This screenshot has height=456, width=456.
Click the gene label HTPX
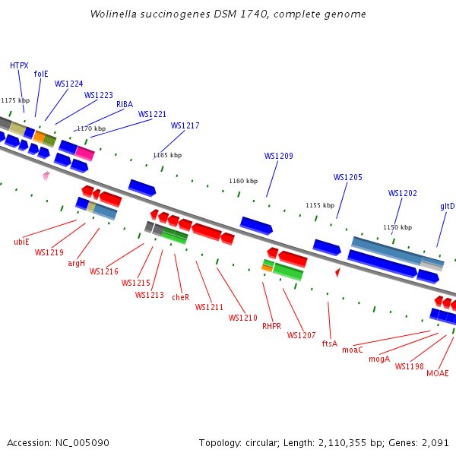coord(19,65)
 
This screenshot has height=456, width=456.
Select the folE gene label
coord(41,74)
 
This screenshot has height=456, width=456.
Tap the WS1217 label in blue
coord(185,125)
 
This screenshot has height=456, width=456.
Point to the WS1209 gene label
coord(278,156)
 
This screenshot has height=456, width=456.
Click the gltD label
coord(447,206)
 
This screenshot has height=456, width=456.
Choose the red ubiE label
coord(21,242)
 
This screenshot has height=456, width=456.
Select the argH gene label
coord(76,263)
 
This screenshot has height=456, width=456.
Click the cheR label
coord(180,297)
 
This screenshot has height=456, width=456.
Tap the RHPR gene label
coord(271,326)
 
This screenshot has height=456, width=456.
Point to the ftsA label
coord(329,344)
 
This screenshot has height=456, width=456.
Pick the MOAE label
coord(437,373)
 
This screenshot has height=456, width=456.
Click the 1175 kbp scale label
coord(15,100)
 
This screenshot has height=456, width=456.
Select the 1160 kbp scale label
coord(243,181)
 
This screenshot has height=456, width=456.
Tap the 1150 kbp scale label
coord(397,227)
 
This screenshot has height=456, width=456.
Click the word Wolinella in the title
coord(112,14)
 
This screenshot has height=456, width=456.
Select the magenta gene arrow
coord(84,154)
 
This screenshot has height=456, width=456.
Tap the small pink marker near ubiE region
coord(46,176)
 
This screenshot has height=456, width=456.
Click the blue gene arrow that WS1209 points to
coord(256,225)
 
